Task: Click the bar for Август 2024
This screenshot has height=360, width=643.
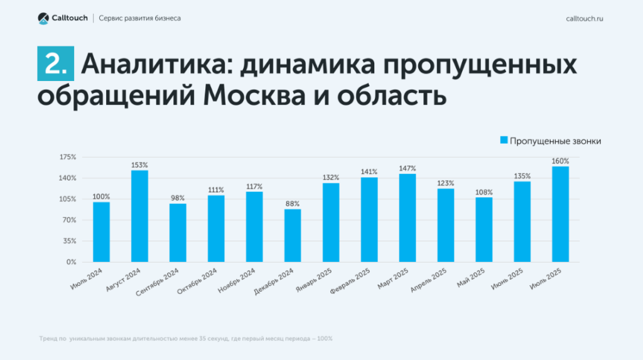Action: [139, 215]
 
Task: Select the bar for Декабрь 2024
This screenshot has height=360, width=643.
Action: [293, 235]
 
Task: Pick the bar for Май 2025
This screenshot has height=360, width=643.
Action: [484, 229]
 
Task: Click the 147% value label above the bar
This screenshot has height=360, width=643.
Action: [408, 168]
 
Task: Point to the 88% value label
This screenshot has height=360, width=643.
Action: [293, 204]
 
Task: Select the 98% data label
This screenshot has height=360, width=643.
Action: [178, 198]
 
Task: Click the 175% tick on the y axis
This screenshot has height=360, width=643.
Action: [68, 157]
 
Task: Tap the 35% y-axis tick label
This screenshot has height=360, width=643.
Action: [70, 241]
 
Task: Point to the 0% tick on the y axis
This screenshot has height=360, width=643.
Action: [71, 262]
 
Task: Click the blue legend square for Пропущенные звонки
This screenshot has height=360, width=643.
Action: [503, 141]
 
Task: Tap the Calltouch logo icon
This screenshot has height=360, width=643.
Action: [43, 18]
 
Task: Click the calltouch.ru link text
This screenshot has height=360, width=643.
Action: [585, 18]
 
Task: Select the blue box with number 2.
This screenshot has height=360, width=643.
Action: [55, 64]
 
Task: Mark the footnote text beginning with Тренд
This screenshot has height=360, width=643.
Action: [185, 339]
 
